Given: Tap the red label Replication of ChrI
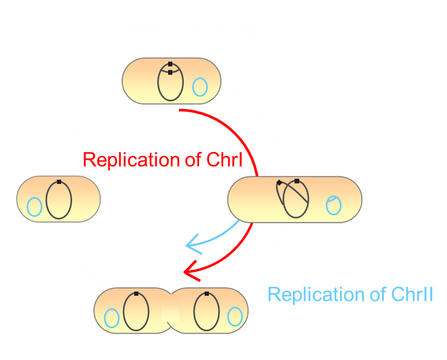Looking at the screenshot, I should click(x=162, y=160).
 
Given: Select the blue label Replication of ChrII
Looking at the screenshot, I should click(x=349, y=295).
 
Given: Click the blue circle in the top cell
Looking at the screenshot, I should click(x=200, y=88).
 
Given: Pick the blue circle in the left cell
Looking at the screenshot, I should click(x=34, y=207).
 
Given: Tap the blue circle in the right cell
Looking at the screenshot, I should click(x=333, y=205).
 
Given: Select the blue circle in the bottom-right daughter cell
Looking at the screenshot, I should click(x=235, y=316).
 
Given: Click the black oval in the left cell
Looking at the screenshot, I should click(x=59, y=199).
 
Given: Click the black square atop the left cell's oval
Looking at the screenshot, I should click(x=59, y=181).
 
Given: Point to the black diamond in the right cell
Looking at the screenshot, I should click(x=279, y=182).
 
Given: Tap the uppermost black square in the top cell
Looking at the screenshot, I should click(x=170, y=64).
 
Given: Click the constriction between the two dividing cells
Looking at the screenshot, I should click(x=172, y=311).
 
